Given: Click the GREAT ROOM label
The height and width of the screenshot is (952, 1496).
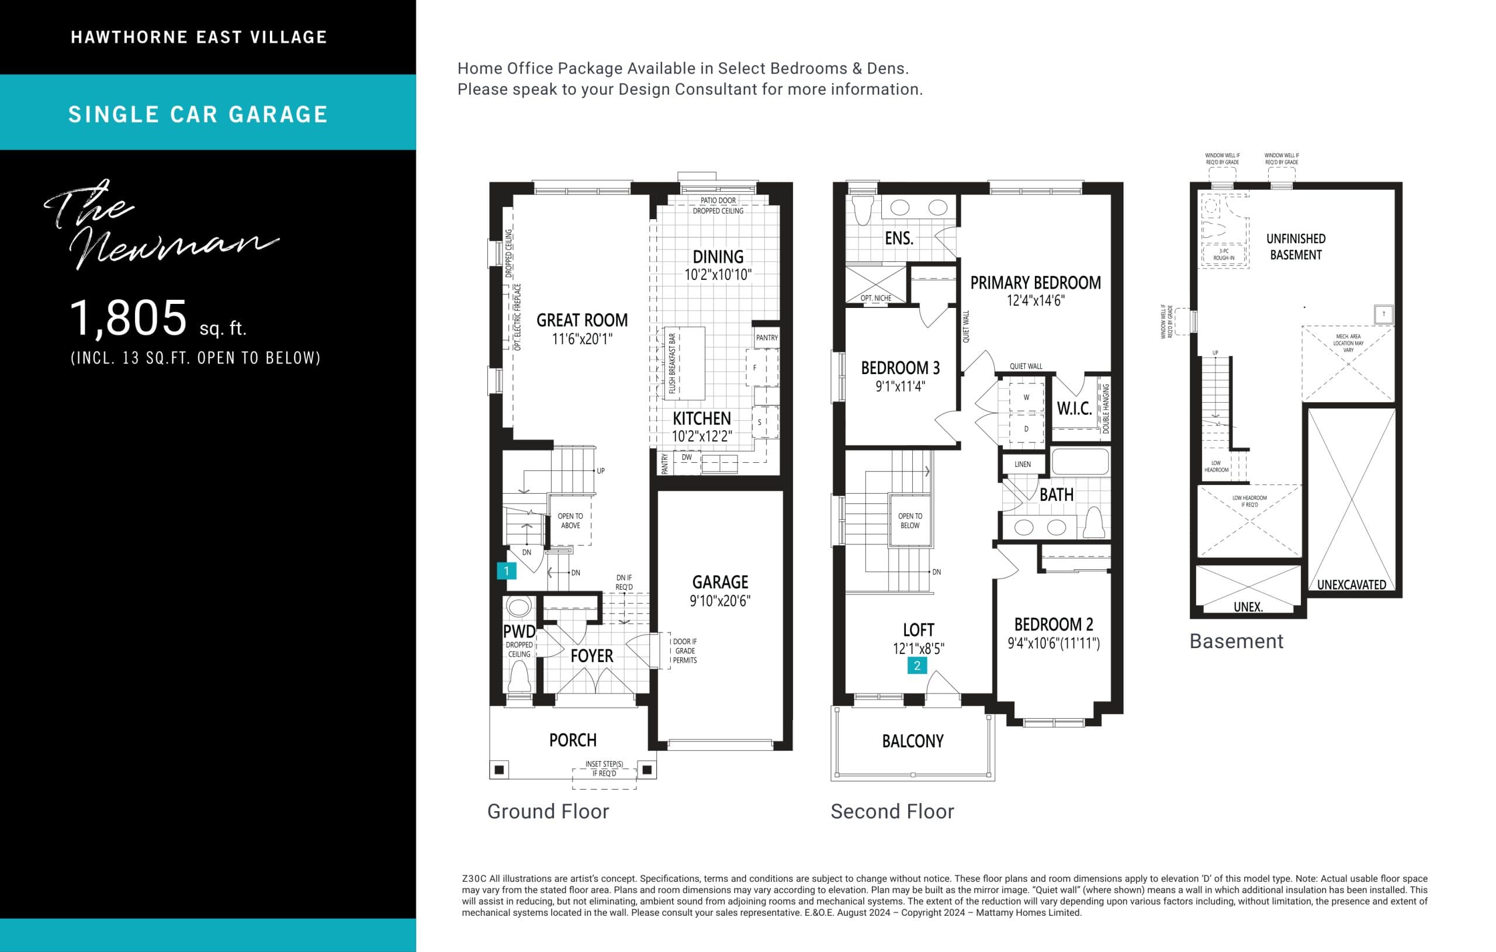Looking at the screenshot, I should click(x=581, y=320).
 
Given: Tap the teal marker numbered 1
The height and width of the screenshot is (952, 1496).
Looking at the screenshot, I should click(x=506, y=570).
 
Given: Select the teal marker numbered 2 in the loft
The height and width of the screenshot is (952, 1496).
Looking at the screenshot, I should click(x=917, y=666).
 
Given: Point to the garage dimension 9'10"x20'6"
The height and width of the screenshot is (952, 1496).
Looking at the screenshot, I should click(x=720, y=601).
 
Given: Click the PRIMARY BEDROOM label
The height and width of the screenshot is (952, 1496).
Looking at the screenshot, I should click(x=1035, y=283).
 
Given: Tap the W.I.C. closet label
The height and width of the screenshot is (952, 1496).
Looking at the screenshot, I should click(x=1074, y=409).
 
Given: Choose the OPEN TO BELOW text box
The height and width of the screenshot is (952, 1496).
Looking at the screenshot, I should click(x=909, y=521).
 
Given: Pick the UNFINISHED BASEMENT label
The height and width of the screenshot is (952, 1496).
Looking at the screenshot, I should click(x=1296, y=247).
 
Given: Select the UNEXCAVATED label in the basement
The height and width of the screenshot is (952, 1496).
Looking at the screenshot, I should click(x=1351, y=585).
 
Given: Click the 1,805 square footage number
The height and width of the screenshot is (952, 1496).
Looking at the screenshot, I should click(x=128, y=318).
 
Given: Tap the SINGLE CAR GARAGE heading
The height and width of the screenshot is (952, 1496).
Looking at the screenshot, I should click(x=198, y=115).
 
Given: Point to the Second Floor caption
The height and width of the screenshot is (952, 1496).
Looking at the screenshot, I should click(x=892, y=812).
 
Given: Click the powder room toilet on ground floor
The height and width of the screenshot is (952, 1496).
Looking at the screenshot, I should click(x=520, y=676).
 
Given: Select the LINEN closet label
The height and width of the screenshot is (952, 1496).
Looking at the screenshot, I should click(x=1022, y=464).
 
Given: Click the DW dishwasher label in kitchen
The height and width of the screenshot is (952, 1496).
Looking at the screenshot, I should click(x=687, y=458).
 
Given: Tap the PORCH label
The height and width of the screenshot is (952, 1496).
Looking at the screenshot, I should click(x=572, y=740).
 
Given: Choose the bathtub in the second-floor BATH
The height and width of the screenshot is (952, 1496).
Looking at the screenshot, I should click(x=1081, y=462).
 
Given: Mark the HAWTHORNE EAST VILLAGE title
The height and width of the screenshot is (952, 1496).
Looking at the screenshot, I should click(x=199, y=37).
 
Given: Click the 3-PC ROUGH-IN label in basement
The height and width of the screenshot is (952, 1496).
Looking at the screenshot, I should click(x=1223, y=254).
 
